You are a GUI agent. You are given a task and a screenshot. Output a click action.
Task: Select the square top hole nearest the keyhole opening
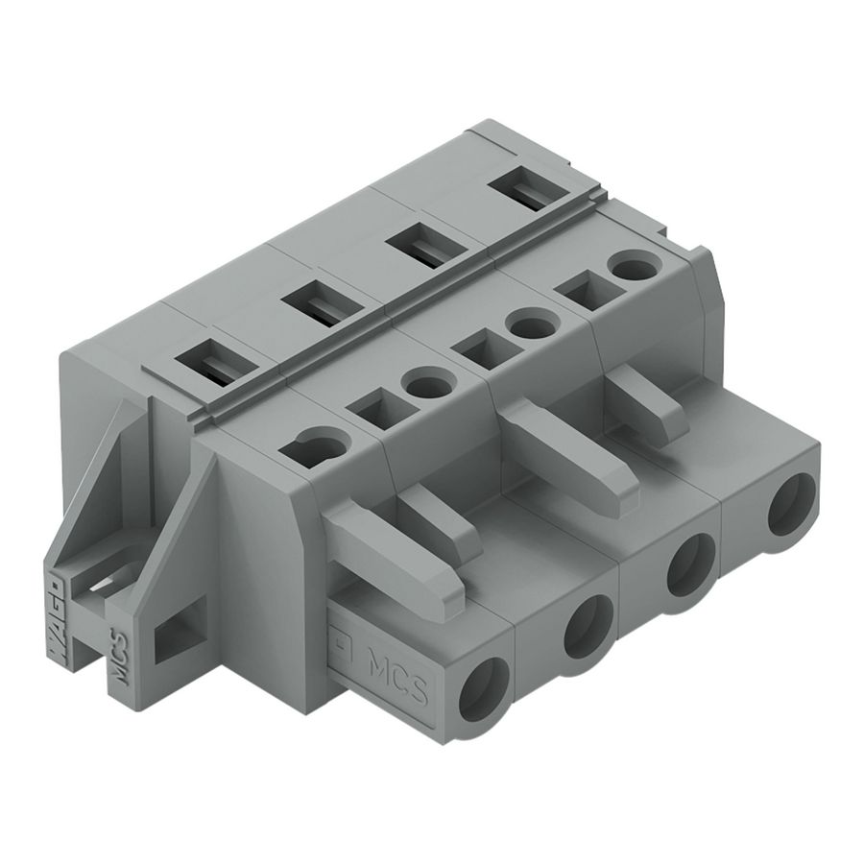pyautogui.click(x=370, y=411)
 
